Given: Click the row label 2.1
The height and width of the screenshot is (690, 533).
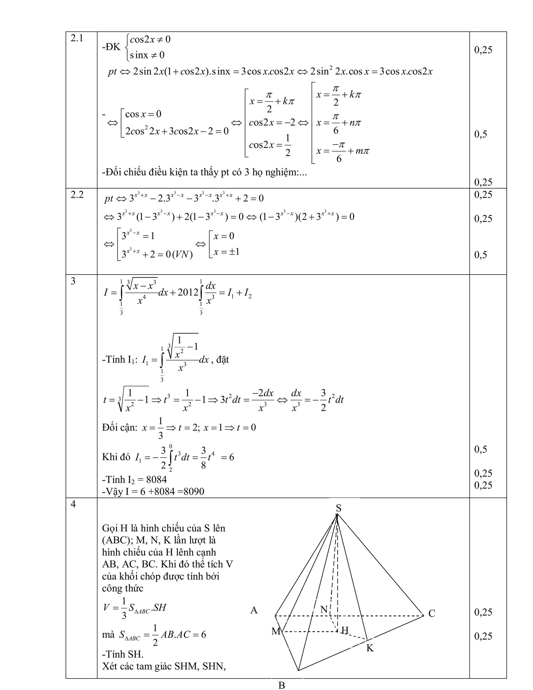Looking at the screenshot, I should [77, 39].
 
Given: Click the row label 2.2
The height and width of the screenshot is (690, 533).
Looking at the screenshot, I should [77, 195].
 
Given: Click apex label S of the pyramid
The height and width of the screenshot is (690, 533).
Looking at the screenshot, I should [338, 508].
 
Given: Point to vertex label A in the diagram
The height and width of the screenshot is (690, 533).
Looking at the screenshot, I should [254, 610].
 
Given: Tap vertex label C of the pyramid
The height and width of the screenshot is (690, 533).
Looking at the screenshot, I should [432, 613].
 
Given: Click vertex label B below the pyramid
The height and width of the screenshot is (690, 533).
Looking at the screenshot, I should [282, 685].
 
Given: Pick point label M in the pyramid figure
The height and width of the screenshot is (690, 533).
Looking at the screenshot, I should [276, 631].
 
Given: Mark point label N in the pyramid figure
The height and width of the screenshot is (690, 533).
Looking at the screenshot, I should [324, 609].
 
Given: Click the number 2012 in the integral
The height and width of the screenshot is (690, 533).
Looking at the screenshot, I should [188, 293].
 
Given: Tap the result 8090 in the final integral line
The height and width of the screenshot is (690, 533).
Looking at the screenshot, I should [194, 492].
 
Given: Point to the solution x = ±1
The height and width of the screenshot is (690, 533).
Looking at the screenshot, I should [226, 252].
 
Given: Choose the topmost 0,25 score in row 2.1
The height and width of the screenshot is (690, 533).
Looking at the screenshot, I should [483, 50].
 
